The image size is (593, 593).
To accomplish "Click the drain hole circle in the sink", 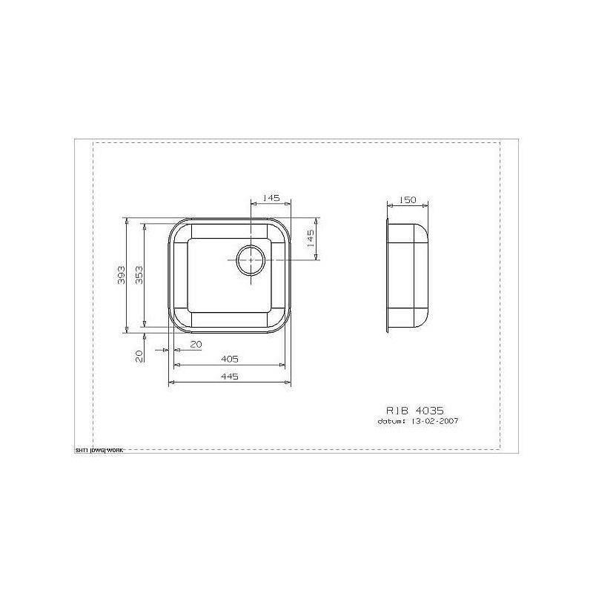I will (251, 260).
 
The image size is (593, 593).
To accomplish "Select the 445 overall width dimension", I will (229, 377).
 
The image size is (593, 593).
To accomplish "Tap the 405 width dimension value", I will (229, 359).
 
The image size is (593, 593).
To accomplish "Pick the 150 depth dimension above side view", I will (406, 199).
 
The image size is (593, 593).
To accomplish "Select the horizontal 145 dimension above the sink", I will (271, 198).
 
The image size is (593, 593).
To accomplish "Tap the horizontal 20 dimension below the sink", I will (196, 345).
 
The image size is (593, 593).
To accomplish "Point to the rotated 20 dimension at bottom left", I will (139, 357).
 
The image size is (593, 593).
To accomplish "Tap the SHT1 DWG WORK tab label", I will (99, 449).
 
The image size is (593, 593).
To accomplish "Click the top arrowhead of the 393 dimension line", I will (127, 219).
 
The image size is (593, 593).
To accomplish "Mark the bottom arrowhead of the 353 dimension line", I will (145, 325).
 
